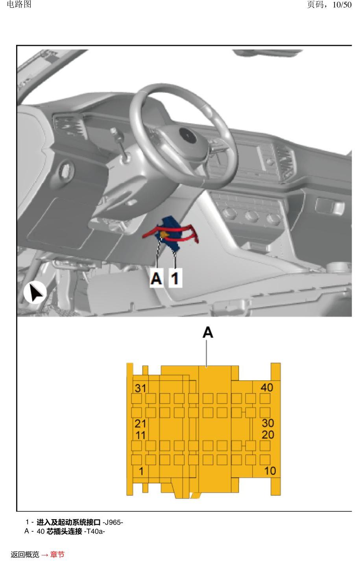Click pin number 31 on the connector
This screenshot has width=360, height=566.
click(x=140, y=388)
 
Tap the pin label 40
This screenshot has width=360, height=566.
click(x=267, y=388)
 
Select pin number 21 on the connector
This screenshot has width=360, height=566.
click(x=140, y=424)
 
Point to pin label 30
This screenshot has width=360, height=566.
click(x=268, y=423)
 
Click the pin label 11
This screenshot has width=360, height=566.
click(x=141, y=435)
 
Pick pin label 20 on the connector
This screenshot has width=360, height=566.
click(x=268, y=435)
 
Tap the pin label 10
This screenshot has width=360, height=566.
click(x=270, y=471)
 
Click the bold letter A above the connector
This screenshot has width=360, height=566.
click(x=208, y=332)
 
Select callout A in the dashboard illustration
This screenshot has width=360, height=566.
click(x=156, y=278)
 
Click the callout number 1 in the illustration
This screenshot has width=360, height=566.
click(x=175, y=278)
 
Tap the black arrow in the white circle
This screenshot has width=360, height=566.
click(x=35, y=292)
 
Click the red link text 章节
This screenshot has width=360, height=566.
click(x=57, y=555)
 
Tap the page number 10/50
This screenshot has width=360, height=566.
click(x=342, y=5)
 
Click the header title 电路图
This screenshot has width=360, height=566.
click(x=19, y=4)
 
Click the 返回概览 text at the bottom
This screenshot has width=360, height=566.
click(x=25, y=555)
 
